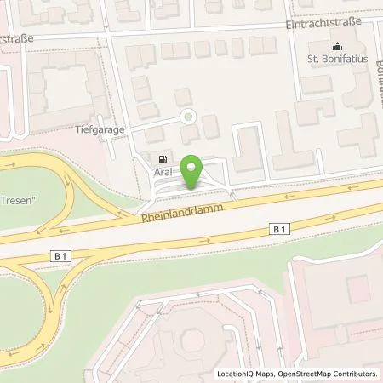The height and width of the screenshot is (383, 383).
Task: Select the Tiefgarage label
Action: [x=125, y=130]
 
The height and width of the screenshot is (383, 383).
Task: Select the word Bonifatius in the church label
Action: [x=345, y=59]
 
